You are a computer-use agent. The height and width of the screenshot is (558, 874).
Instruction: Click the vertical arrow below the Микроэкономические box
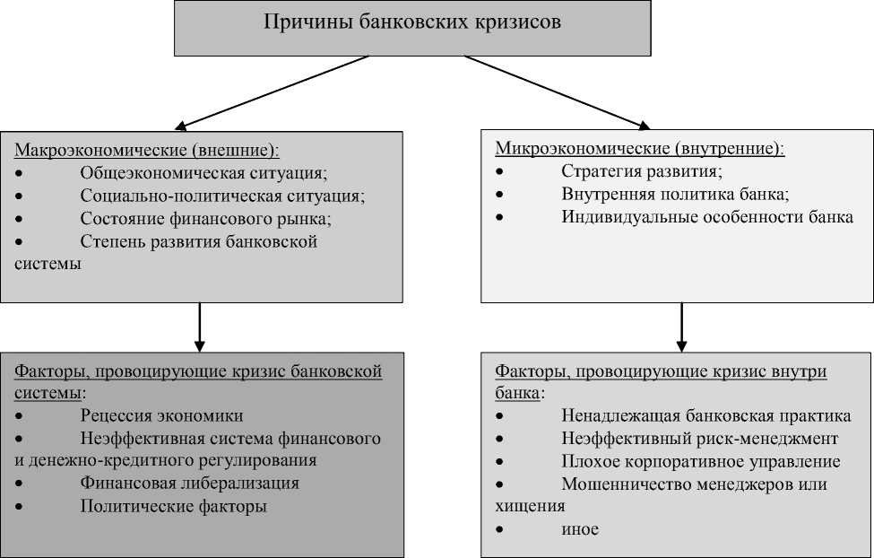point(681,327)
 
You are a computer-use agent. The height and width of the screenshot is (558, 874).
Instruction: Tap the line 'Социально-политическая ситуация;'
point(222,196)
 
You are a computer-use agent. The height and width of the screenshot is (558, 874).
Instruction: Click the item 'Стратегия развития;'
point(642,171)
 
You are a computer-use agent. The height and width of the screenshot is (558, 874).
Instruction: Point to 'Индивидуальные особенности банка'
point(707,217)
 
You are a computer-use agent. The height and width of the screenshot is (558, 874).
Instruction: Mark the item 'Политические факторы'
point(174,506)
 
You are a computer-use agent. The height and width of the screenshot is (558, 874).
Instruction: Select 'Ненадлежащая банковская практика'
point(706,416)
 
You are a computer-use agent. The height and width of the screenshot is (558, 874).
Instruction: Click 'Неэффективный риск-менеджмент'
point(700,439)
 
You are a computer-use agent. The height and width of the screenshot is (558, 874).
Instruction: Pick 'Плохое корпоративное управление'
point(701,462)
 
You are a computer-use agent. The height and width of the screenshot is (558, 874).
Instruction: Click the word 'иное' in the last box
point(580,529)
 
